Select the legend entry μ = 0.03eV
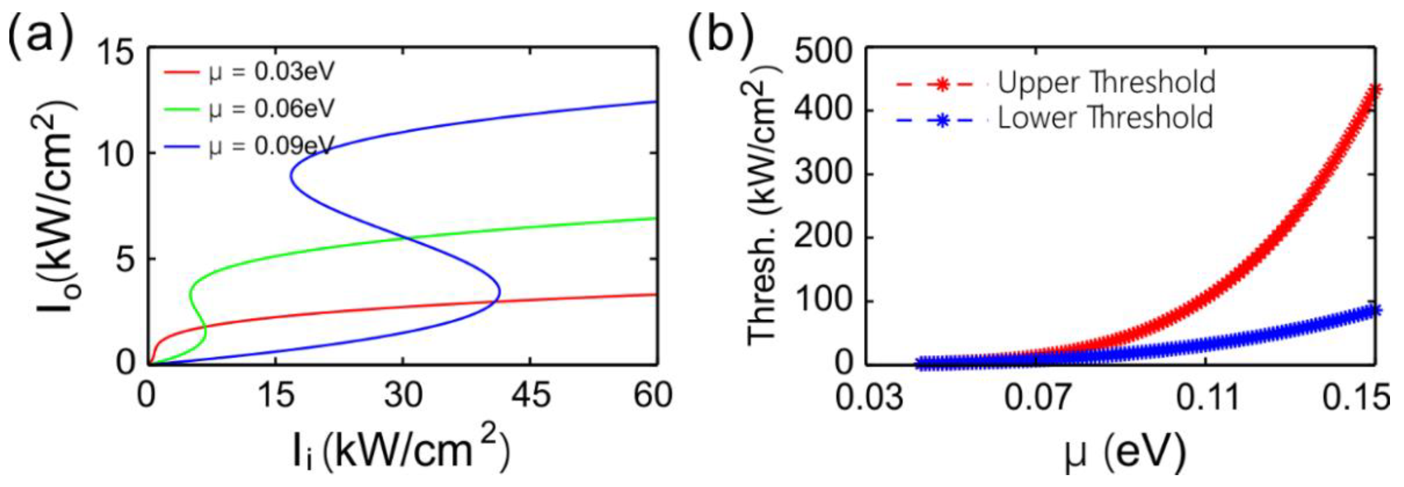[x=271, y=72]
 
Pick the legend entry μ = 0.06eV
[x=271, y=109]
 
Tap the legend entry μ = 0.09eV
[x=271, y=146]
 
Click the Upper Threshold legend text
[x=1106, y=83]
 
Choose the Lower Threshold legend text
[x=1106, y=118]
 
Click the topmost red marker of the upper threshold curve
[x=1375, y=91]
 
